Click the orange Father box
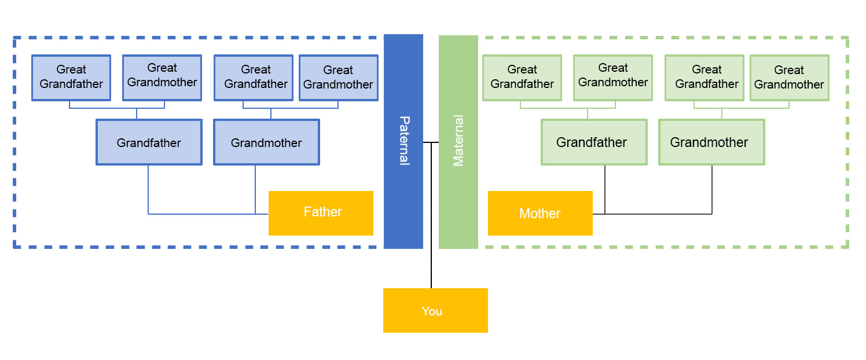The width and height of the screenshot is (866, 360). (321, 213)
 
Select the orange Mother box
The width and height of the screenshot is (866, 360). (540, 214)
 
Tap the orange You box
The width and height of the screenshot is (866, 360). (435, 310)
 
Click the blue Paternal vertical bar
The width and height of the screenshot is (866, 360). (403, 87)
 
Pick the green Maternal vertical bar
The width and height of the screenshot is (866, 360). (458, 87)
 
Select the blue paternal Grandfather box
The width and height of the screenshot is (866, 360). (149, 142)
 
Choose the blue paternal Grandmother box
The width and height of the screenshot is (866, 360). (266, 142)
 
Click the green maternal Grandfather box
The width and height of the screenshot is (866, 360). (594, 142)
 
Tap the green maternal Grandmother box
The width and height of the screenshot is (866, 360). (711, 142)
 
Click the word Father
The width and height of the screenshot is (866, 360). (323, 212)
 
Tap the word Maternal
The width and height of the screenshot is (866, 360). (458, 141)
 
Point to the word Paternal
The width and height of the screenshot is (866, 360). (404, 141)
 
